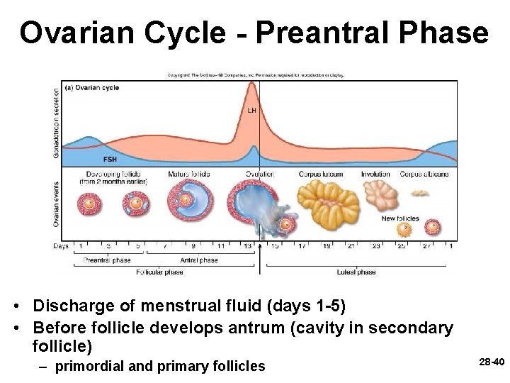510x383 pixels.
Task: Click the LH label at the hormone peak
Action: pyautogui.click(x=251, y=111)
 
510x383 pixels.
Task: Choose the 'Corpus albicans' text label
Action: pyautogui.click(x=424, y=174)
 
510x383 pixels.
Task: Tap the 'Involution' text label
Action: pyautogui.click(x=375, y=174)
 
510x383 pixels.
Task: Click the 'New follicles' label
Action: pyautogui.click(x=400, y=218)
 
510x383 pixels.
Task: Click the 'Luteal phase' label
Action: pyautogui.click(x=357, y=272)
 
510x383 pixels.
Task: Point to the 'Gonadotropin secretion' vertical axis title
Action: pyautogui.click(x=57, y=121)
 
